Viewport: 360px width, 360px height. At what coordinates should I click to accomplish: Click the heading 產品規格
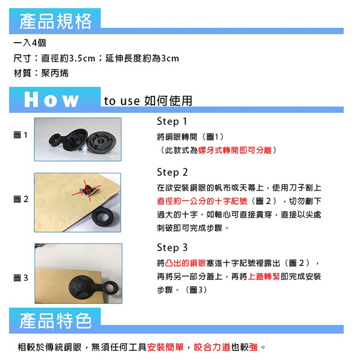click(55, 21)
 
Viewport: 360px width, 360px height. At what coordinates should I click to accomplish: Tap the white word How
click(51, 99)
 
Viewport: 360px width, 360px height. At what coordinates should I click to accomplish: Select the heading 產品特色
click(55, 321)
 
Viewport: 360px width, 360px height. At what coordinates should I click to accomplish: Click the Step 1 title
click(172, 121)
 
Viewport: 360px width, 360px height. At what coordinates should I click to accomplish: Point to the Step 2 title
click(172, 172)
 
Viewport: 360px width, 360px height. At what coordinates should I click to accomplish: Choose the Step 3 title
click(172, 248)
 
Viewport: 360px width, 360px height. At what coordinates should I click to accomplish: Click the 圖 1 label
click(21, 135)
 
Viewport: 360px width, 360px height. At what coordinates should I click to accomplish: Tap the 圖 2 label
click(21, 199)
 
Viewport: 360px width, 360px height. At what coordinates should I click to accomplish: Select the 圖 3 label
click(21, 278)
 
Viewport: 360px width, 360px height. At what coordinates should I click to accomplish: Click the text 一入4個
click(30, 43)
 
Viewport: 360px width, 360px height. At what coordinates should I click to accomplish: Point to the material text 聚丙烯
click(55, 73)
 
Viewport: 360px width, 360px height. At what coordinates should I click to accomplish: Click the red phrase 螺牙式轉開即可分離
click(235, 150)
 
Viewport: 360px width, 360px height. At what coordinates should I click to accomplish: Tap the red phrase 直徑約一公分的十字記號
click(202, 201)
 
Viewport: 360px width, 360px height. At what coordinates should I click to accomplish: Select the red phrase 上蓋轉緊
click(264, 276)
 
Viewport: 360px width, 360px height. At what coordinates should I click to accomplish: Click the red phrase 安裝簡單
click(166, 347)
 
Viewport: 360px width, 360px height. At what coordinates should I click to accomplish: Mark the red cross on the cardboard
click(86, 190)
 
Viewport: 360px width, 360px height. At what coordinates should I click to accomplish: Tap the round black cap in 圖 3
click(82, 287)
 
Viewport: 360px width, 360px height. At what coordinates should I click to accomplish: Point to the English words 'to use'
click(121, 101)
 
